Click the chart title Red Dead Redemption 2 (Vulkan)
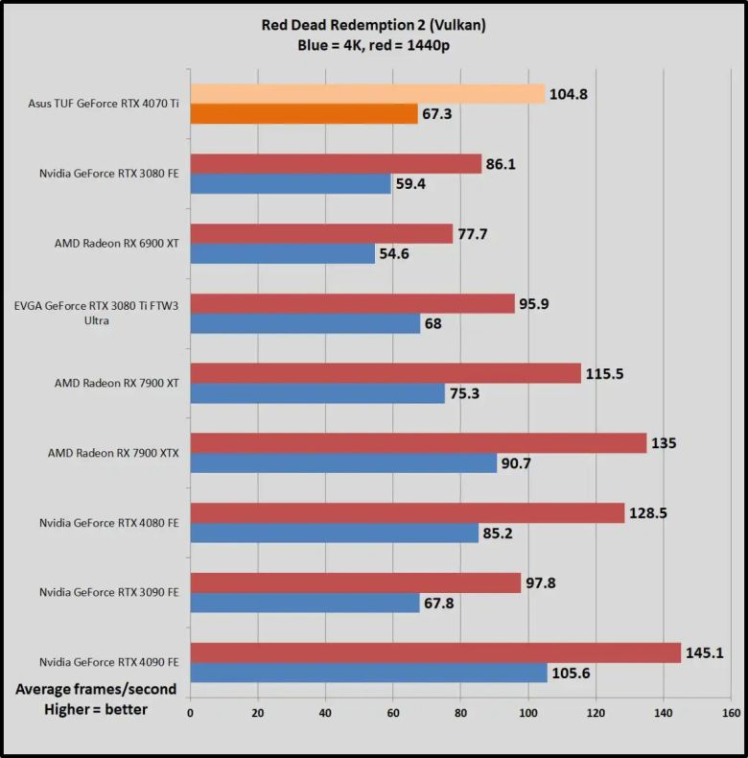[373, 26]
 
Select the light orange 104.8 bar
[367, 93]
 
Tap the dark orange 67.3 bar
[304, 114]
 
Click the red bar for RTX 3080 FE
[336, 164]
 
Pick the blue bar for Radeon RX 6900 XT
[282, 253]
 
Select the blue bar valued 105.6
[368, 673]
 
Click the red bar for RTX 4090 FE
[435, 652]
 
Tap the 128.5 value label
[649, 512]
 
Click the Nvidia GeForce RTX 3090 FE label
[108, 592]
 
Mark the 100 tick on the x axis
[528, 713]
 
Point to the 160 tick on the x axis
[732, 713]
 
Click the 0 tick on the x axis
[190, 713]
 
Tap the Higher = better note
[95, 710]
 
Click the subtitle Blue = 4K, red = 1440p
[373, 45]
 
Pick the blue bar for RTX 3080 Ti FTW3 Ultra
[305, 323]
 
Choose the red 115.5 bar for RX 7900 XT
[386, 373]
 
